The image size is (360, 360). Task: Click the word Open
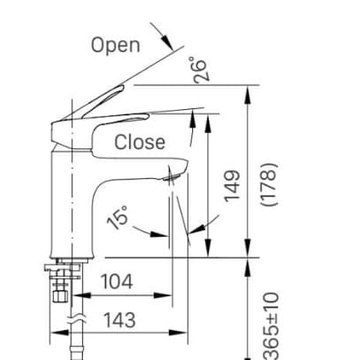115,46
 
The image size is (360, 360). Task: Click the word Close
140,142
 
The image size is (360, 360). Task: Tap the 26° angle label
200,69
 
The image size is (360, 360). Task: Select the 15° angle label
117,217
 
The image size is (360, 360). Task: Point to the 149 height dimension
232,186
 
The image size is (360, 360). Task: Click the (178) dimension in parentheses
269,184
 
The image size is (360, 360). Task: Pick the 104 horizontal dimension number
117,282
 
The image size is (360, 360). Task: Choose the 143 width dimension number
120,320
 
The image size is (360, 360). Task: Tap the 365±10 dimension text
270,325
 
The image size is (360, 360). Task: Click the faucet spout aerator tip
172,177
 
